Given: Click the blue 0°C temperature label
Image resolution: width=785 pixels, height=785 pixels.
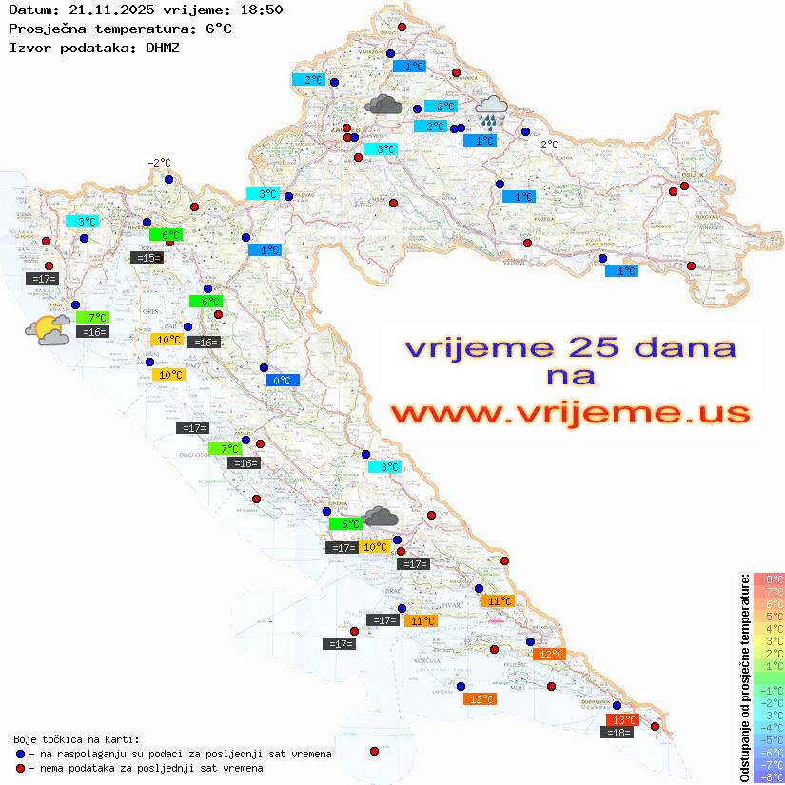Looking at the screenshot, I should (x=283, y=380).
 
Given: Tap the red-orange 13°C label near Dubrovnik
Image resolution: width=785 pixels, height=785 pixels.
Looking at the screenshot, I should (x=622, y=720).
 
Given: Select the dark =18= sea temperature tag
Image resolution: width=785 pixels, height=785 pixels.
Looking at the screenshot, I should (x=618, y=732).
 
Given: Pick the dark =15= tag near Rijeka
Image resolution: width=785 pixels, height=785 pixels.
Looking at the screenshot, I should (x=147, y=257).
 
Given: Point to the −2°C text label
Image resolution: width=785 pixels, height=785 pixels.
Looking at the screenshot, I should (x=159, y=163).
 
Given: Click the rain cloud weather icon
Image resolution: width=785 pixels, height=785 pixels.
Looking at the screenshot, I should (x=491, y=110).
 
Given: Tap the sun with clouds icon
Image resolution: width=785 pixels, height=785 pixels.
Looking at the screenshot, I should (x=48, y=330).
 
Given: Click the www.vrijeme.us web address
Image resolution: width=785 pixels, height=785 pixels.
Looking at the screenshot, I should (x=569, y=413).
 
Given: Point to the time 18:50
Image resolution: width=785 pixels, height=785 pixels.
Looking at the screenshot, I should (x=261, y=10).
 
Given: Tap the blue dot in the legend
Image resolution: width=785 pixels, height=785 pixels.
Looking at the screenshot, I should (x=20, y=754).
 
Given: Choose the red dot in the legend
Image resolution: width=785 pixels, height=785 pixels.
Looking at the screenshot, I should (x=20, y=768).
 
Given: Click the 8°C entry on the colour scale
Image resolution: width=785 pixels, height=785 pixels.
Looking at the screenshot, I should (x=768, y=579).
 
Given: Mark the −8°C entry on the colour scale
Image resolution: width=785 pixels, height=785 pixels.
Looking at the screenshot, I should (x=768, y=776).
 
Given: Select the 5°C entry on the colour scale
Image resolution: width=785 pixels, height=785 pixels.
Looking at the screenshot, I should (x=768, y=616).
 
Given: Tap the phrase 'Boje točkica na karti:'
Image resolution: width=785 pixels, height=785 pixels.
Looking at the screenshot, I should (x=76, y=739).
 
